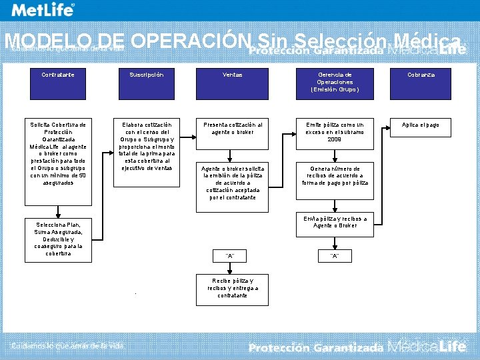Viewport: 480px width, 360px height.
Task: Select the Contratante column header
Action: [x=59, y=75]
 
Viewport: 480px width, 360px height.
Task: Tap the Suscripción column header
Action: [x=146, y=75]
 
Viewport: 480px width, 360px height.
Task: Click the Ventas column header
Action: [x=232, y=75]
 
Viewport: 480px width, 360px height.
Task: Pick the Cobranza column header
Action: [x=421, y=75]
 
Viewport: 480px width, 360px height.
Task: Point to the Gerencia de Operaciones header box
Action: [x=334, y=82]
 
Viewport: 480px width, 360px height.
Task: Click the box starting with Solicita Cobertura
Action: [x=58, y=153]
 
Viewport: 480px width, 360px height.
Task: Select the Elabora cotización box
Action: [x=146, y=146]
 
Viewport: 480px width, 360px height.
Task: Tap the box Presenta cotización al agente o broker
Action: [x=232, y=128]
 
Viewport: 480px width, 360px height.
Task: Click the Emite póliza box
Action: [x=334, y=131]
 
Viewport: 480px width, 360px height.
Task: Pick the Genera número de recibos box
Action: [x=334, y=175]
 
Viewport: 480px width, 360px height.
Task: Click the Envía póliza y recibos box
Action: [x=334, y=222]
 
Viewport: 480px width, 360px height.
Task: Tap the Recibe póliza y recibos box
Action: [x=232, y=287]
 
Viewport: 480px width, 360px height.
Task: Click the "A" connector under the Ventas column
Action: [x=231, y=256]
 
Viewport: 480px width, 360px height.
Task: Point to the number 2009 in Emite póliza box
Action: [x=334, y=139]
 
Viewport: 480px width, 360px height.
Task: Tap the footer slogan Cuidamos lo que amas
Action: [x=67, y=345]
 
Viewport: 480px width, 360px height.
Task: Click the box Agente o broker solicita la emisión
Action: [x=232, y=183]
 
